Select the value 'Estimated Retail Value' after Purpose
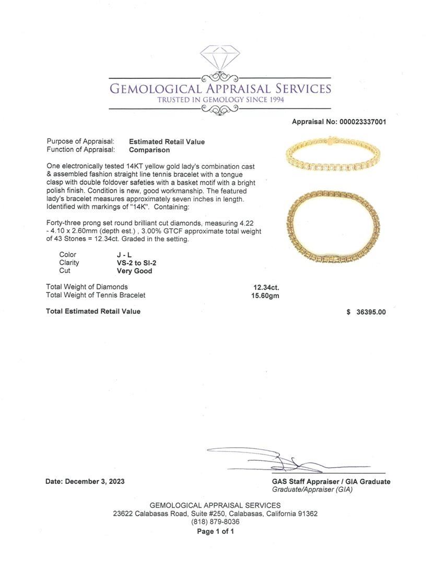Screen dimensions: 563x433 pyautogui.click(x=167, y=142)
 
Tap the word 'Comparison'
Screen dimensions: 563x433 pyautogui.click(x=149, y=150)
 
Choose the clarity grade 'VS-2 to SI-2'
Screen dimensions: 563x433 pyautogui.click(x=130, y=263)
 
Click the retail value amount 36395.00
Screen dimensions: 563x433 pyautogui.click(x=370, y=312)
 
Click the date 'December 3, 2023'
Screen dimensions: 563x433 pyautogui.click(x=95, y=482)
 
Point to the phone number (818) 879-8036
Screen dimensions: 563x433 pyautogui.click(x=215, y=522)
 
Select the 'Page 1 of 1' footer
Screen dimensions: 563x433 pyautogui.click(x=215, y=532)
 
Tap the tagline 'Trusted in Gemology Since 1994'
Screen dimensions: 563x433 pyautogui.click(x=219, y=100)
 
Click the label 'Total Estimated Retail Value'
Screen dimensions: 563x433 pyautogui.click(x=93, y=311)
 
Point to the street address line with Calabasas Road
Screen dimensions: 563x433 pyautogui.click(x=215, y=513)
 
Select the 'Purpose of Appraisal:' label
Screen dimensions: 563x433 pyautogui.click(x=80, y=142)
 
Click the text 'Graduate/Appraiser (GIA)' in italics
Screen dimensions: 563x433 pyautogui.click(x=313, y=489)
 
